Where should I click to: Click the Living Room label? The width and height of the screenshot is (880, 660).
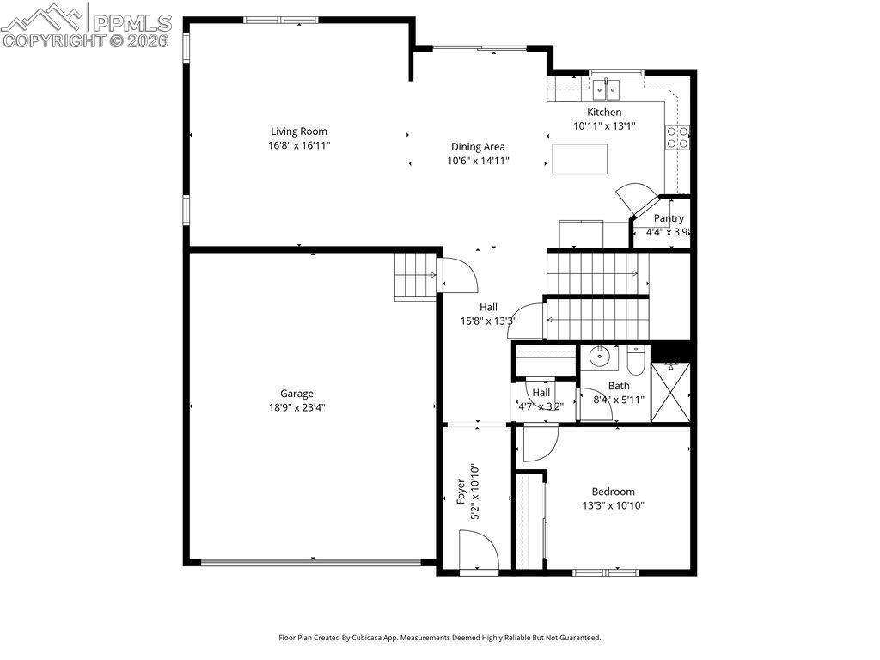click(x=299, y=131)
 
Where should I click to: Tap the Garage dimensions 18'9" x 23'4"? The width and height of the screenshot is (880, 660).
click(x=296, y=407)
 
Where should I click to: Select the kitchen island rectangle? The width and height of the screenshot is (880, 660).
click(x=580, y=159)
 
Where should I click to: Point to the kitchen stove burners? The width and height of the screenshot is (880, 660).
click(x=677, y=137)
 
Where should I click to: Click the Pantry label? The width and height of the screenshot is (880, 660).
click(x=669, y=218)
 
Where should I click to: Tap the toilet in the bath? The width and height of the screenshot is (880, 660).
click(x=636, y=360)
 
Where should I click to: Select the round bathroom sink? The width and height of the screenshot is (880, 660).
click(x=599, y=356)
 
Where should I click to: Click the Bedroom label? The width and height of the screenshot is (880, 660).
click(x=613, y=492)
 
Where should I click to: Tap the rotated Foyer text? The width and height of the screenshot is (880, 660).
click(x=461, y=492)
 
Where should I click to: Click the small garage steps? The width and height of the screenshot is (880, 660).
click(x=416, y=276)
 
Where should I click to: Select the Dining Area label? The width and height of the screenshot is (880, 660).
click(x=478, y=147)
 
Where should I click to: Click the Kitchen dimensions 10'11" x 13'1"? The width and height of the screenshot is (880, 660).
click(x=604, y=125)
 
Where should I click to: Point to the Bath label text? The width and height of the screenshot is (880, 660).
click(x=619, y=386)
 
